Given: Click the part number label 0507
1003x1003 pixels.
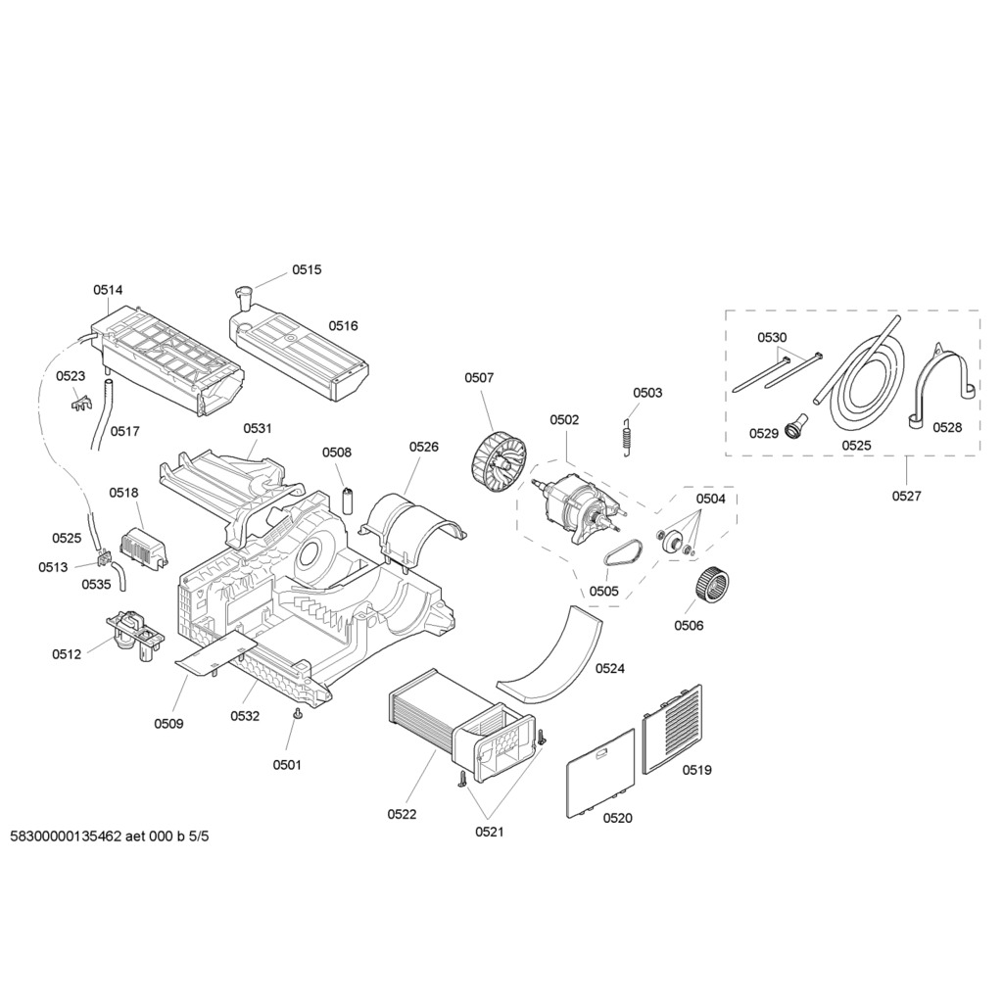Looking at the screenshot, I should tap(479, 377).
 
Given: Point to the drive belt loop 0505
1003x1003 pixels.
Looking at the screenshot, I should tap(620, 554).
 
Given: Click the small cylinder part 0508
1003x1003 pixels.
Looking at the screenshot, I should tap(347, 497).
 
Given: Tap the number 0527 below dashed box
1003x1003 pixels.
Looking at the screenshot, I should tap(906, 496).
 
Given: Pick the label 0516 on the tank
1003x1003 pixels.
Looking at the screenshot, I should tap(343, 326).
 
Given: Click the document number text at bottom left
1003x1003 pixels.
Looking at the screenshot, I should tap(111, 837).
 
